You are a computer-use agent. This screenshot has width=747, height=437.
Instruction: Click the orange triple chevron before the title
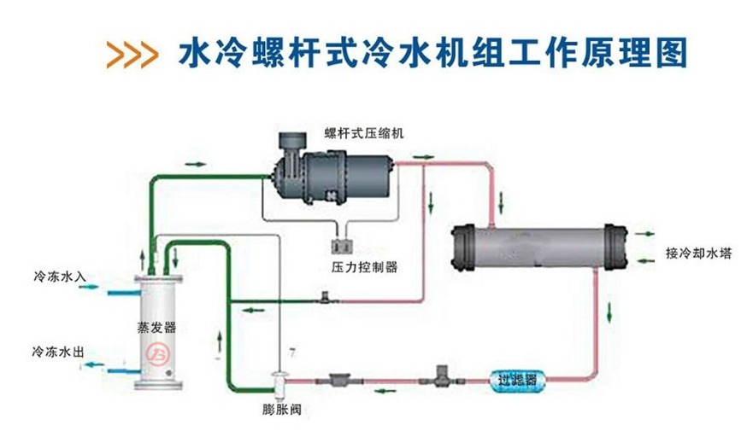[132, 54]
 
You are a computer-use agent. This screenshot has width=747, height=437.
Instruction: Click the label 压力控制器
[364, 266]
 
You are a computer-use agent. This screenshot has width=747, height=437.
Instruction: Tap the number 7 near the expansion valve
[293, 353]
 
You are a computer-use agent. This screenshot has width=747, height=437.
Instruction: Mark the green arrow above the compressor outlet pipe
[421, 157]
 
